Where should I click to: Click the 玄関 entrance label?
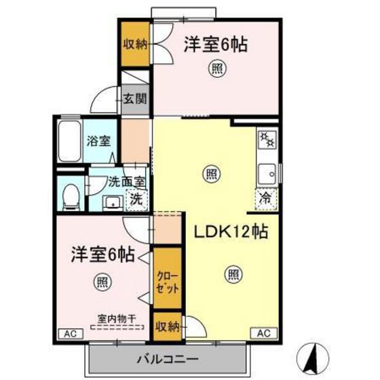pyautogui.click(x=135, y=99)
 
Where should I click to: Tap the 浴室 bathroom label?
pyautogui.click(x=98, y=142)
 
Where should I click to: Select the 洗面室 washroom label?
pyautogui.click(x=126, y=183)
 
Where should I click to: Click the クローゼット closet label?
pyautogui.click(x=168, y=280)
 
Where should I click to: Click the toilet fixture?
pyautogui.click(x=68, y=195)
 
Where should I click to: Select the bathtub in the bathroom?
pyautogui.click(x=69, y=142)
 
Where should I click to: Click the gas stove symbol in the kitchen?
pyautogui.click(x=266, y=140)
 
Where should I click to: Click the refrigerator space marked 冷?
pyautogui.click(x=266, y=199)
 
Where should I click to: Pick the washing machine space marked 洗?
pyautogui.click(x=136, y=200)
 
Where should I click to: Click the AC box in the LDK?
pyautogui.click(x=265, y=333)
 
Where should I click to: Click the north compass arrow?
pyautogui.click(x=311, y=356)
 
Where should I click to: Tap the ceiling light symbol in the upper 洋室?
pyautogui.click(x=216, y=69)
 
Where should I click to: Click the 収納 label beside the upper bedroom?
pyautogui.click(x=134, y=44)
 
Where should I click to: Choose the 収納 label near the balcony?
pyautogui.click(x=166, y=328)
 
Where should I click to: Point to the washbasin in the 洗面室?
pyautogui.click(x=112, y=202)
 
